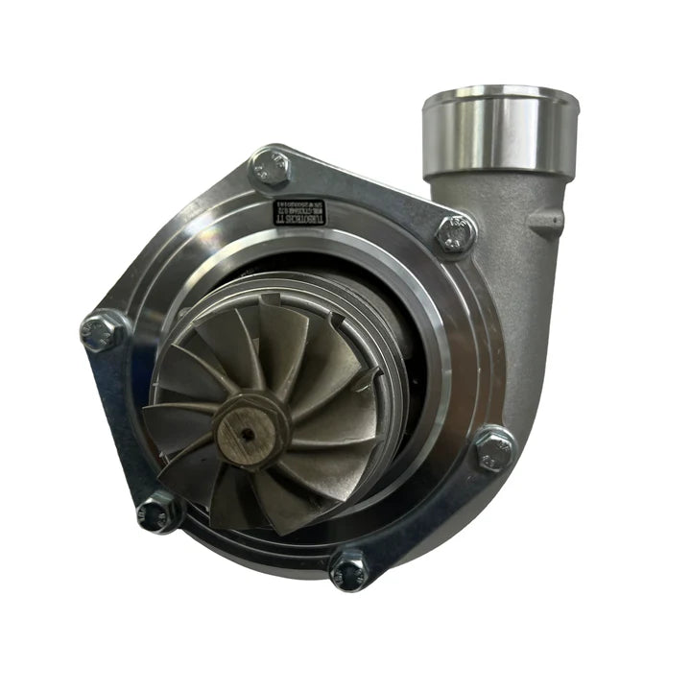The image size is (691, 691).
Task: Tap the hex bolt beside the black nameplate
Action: tap(271, 170)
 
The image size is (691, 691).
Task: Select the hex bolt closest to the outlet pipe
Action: tap(455, 232)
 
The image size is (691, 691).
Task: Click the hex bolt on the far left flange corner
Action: tap(103, 331)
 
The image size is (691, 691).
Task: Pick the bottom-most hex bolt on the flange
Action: tap(348, 569)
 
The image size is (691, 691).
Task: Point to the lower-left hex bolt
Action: tap(158, 512)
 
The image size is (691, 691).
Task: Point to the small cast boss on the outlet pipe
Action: tap(546, 223)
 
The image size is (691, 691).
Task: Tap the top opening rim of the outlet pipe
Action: tap(500, 95)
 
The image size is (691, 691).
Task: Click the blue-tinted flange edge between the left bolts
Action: tap(113, 422)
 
